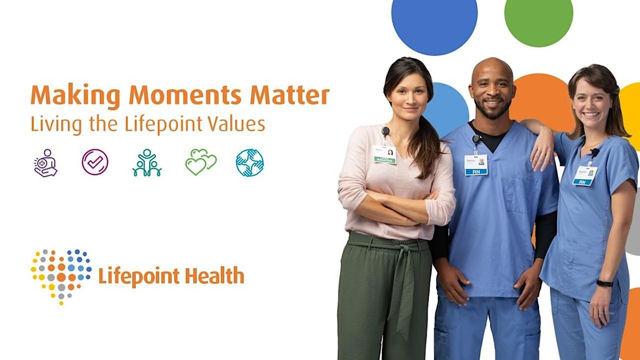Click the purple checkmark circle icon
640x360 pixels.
(x=95, y=162)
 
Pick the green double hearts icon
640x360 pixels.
(x=201, y=162)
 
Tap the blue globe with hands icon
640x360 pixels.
(x=250, y=162)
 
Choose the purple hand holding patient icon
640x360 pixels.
(x=45, y=163)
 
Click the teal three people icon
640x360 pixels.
(x=147, y=163)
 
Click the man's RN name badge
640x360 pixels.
(x=476, y=165)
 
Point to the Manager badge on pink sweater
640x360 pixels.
(x=385, y=154)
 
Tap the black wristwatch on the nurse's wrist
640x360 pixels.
(x=604, y=283)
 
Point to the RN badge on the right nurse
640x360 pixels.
(x=585, y=175)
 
